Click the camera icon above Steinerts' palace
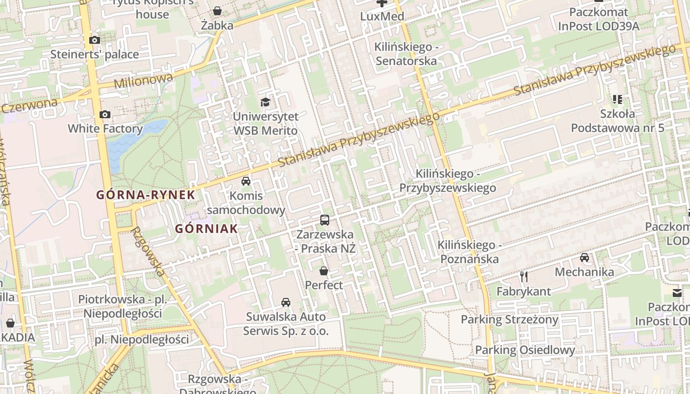click(x=95, y=40)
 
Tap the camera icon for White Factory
click(x=105, y=115)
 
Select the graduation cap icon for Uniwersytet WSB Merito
click(x=266, y=102)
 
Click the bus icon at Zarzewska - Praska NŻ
click(x=324, y=220)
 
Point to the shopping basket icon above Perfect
click(x=324, y=271)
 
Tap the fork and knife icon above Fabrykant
click(x=523, y=277)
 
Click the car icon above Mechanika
click(x=585, y=258)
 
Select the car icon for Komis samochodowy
click(x=246, y=181)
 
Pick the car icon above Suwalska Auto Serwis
click(x=286, y=302)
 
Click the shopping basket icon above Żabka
click(x=217, y=11)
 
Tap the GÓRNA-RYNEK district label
click(x=145, y=195)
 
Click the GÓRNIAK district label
click(x=207, y=229)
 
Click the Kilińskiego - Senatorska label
click(x=406, y=54)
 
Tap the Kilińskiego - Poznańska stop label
click(x=469, y=252)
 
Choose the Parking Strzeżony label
click(x=509, y=320)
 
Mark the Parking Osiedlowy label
click(x=525, y=351)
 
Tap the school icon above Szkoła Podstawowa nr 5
click(x=618, y=99)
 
